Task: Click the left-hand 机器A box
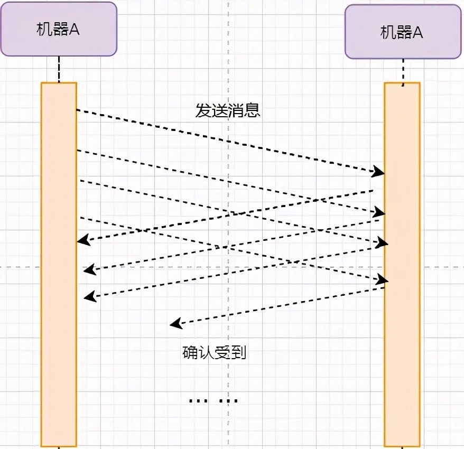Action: [58, 29]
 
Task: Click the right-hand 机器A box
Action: [402, 32]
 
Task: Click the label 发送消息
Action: [228, 111]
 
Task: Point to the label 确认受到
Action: [215, 352]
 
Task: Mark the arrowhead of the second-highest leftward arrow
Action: [90, 270]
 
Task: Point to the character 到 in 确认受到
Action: [239, 352]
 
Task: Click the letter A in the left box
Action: [74, 30]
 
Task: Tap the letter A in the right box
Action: [417, 33]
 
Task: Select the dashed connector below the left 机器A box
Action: [59, 69]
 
